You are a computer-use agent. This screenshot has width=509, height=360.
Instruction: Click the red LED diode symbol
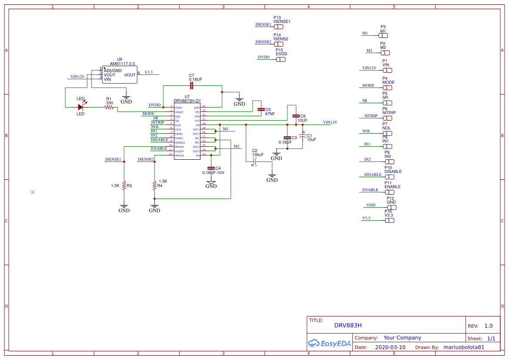[x=81, y=107]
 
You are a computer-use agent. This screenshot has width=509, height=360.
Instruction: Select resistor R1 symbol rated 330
[x=109, y=107]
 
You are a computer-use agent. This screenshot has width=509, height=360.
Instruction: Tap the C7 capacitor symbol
[x=192, y=86]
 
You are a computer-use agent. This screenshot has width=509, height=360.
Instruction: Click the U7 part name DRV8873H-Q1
[x=187, y=101]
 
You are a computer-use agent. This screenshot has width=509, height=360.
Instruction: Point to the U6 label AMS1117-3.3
[x=122, y=64]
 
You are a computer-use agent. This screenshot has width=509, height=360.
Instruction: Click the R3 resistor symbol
[x=124, y=185]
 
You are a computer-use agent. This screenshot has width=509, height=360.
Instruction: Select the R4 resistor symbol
[x=154, y=185]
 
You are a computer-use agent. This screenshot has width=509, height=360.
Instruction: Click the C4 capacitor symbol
[x=211, y=168]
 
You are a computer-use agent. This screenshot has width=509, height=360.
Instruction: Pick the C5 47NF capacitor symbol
[x=261, y=109]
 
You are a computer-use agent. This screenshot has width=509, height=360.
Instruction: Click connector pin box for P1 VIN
[x=387, y=70]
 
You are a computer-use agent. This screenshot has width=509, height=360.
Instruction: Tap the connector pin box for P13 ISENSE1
[x=279, y=27]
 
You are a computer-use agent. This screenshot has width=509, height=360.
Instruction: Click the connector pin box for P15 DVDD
[x=281, y=59]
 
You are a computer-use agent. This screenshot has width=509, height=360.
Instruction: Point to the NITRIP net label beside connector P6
[x=371, y=116]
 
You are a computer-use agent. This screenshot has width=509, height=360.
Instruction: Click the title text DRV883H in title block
[x=348, y=325]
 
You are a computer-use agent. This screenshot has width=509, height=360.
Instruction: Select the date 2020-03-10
[x=390, y=347]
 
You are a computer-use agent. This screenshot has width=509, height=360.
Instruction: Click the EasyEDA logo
[x=329, y=343]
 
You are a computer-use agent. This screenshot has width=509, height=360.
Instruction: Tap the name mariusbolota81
[x=463, y=347]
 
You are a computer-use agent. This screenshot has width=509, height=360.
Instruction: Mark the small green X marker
[x=33, y=192]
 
